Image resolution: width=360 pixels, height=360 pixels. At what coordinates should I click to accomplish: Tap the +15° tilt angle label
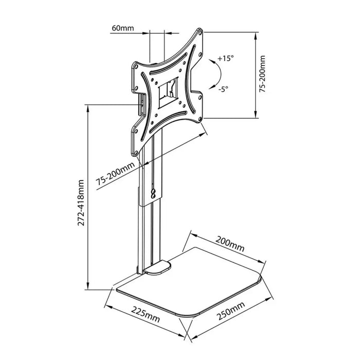coord(225,58)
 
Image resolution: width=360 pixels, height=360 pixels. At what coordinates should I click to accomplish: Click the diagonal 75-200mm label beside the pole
coord(115,174)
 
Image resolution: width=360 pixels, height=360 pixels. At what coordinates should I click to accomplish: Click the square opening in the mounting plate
coord(168,92)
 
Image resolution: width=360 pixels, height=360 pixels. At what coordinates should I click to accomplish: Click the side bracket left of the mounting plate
coord(140,105)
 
